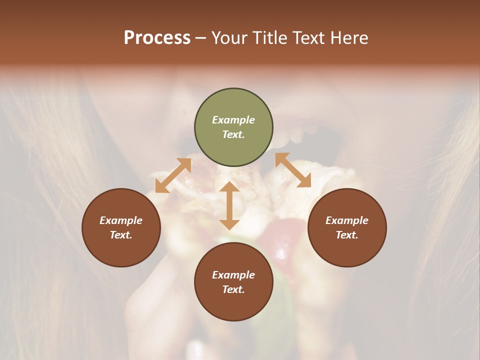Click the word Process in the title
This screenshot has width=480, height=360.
point(157,38)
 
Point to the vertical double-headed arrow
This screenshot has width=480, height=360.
point(229,205)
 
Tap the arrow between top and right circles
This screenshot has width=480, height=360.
point(293,170)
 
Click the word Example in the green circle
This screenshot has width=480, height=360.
point(233,120)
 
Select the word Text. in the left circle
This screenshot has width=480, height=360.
point(121,235)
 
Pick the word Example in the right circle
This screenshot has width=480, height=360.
point(347,220)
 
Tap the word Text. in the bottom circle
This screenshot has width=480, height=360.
point(233,289)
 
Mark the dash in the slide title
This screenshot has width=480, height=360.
point(201,38)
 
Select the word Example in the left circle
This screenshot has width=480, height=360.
point(121,220)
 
